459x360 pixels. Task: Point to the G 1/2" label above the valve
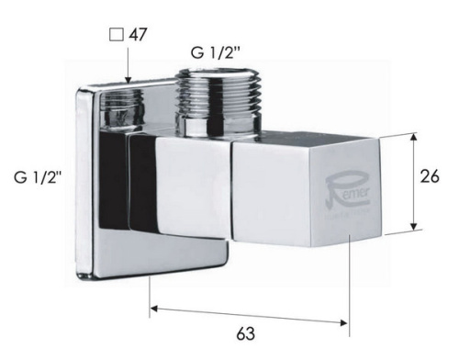pos(217,52)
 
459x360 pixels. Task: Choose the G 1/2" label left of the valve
pos(38,177)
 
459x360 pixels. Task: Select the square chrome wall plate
pos(101,184)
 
